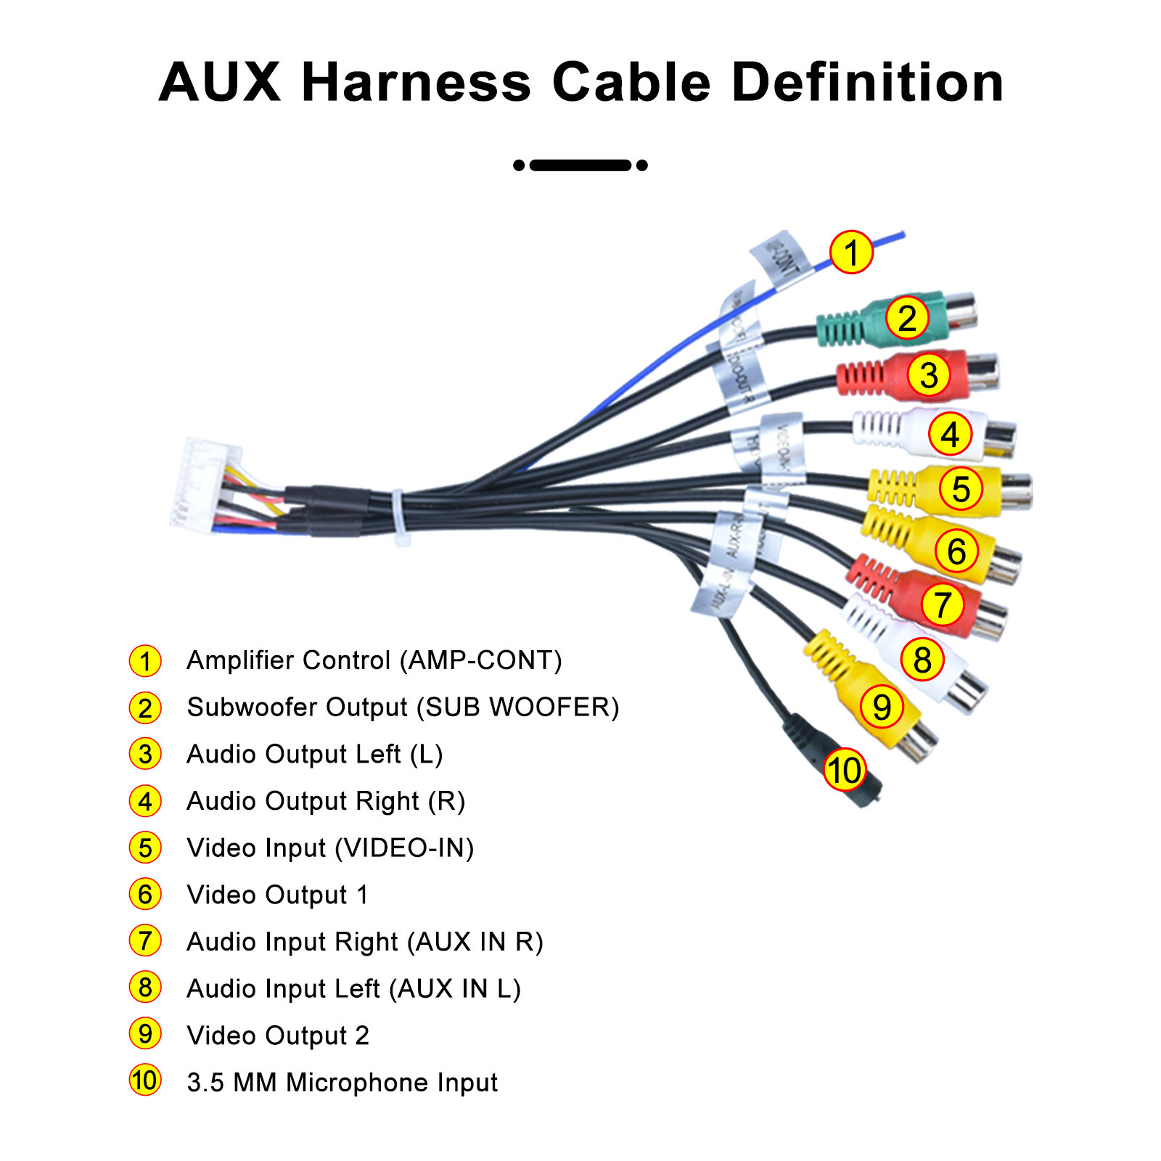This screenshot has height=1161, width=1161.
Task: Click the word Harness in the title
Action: (x=416, y=82)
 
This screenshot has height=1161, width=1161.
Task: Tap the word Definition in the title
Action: (x=868, y=82)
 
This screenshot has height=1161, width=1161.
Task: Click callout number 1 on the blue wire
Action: (x=851, y=253)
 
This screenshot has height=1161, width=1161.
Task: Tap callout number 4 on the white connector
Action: (x=950, y=434)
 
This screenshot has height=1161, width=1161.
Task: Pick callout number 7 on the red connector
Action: (x=942, y=604)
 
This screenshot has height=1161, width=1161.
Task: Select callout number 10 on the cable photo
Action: (x=845, y=770)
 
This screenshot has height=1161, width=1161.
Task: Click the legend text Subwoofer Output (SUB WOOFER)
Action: (x=403, y=707)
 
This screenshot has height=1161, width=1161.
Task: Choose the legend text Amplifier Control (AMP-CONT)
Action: (x=374, y=660)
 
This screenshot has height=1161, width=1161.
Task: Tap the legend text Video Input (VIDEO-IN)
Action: (x=330, y=848)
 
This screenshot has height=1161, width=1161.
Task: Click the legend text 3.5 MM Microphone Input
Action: (x=342, y=1083)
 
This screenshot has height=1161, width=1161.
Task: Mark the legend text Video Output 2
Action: (x=278, y=1035)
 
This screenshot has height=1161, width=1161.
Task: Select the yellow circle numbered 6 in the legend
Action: (x=145, y=895)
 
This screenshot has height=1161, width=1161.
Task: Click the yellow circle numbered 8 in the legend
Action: (x=145, y=988)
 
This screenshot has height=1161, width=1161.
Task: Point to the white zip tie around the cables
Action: (x=400, y=517)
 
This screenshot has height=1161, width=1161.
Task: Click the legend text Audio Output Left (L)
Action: (x=314, y=755)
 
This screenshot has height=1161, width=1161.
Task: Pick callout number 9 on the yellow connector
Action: (x=882, y=707)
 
